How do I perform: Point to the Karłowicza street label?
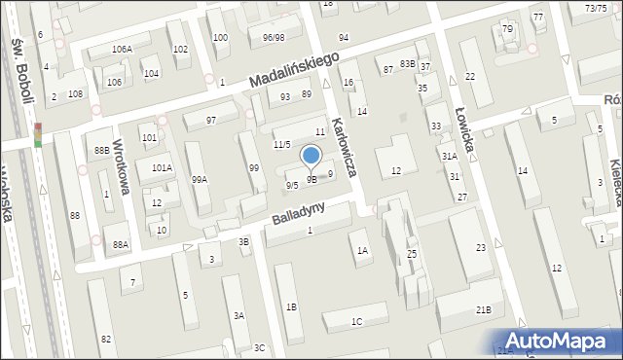[348, 146]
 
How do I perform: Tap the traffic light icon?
[38, 134]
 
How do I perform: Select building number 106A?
[122, 49]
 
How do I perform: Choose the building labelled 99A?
[199, 179]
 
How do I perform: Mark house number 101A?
[162, 167]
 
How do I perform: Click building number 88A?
[121, 244]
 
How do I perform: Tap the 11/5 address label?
[281, 144]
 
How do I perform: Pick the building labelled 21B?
[483, 309]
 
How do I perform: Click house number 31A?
[449, 156]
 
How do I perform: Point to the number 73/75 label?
[596, 8]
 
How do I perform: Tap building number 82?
[106, 338]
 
